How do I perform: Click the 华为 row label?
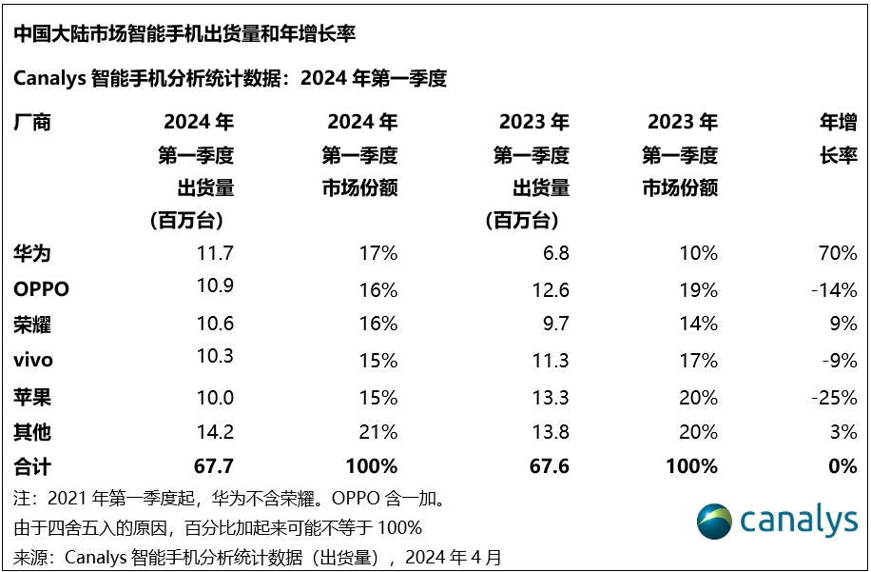[x=32, y=253]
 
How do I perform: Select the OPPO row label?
[x=42, y=289]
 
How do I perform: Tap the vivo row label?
[x=33, y=361]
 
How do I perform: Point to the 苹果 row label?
[x=32, y=396]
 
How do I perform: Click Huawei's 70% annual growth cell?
[x=837, y=253]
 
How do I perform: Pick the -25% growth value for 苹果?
[x=833, y=396]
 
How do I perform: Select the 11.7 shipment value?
[x=214, y=253]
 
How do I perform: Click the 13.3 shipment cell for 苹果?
[x=549, y=396]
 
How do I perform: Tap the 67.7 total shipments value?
[x=213, y=466]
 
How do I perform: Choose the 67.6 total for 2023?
[x=548, y=466]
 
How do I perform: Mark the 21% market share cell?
[x=377, y=431]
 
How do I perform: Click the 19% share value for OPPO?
[x=698, y=289]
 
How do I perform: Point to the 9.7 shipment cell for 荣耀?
[x=553, y=325]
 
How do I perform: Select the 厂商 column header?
[x=32, y=122]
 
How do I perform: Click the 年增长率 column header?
[x=838, y=139]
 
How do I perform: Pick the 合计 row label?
[x=32, y=466]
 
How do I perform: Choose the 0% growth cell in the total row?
[x=842, y=466]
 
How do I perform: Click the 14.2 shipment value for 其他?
[x=214, y=431]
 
